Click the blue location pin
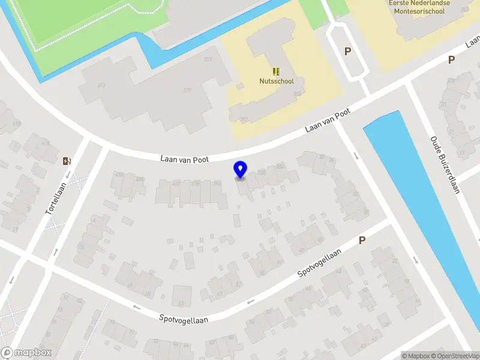[x=241, y=170]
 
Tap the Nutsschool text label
[x=276, y=81]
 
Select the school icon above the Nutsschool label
[x=276, y=71]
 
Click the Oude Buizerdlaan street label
[x=445, y=165]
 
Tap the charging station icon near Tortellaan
[x=67, y=160]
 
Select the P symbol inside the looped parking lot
[x=347, y=52]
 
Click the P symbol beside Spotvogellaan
[x=362, y=240]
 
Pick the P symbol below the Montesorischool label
[x=451, y=59]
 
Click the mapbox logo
[x=26, y=353]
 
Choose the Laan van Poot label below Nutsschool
[x=327, y=122]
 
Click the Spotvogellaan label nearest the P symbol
[x=320, y=263]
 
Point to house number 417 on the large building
[x=101, y=85]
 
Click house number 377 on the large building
[x=187, y=91]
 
